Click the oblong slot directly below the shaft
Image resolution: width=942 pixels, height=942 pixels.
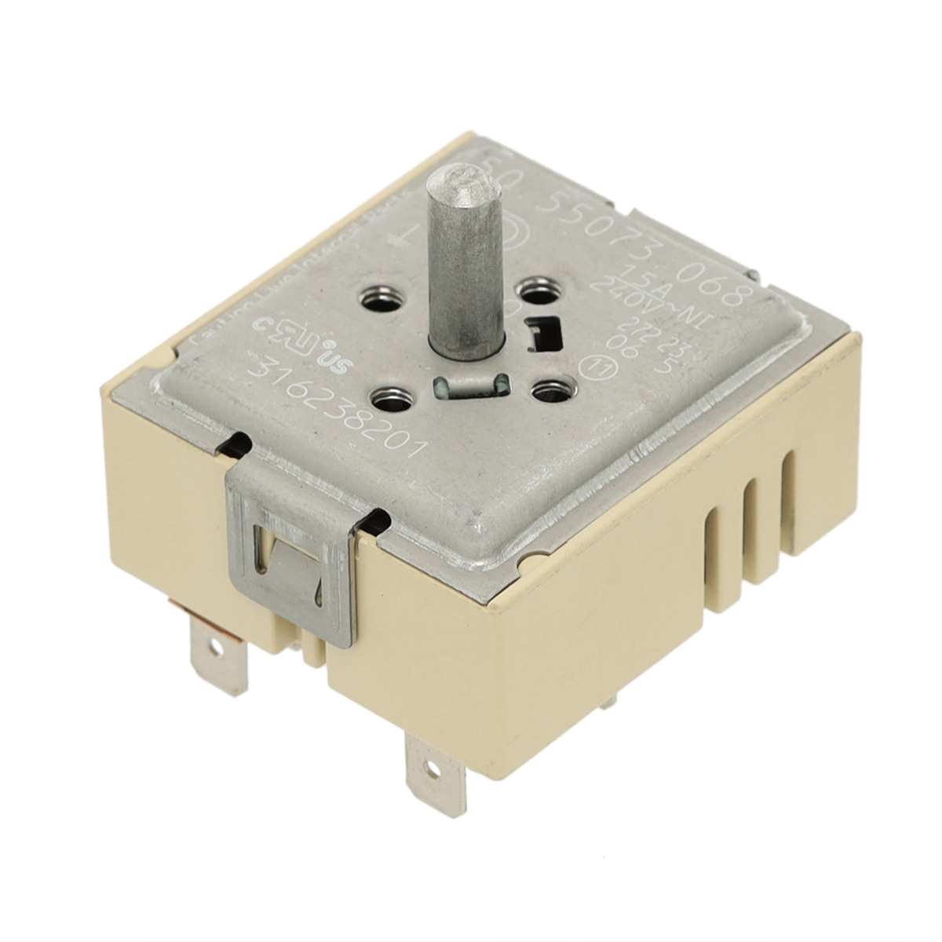coord(469,385)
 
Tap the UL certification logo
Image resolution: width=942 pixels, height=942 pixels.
coord(302,346)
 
